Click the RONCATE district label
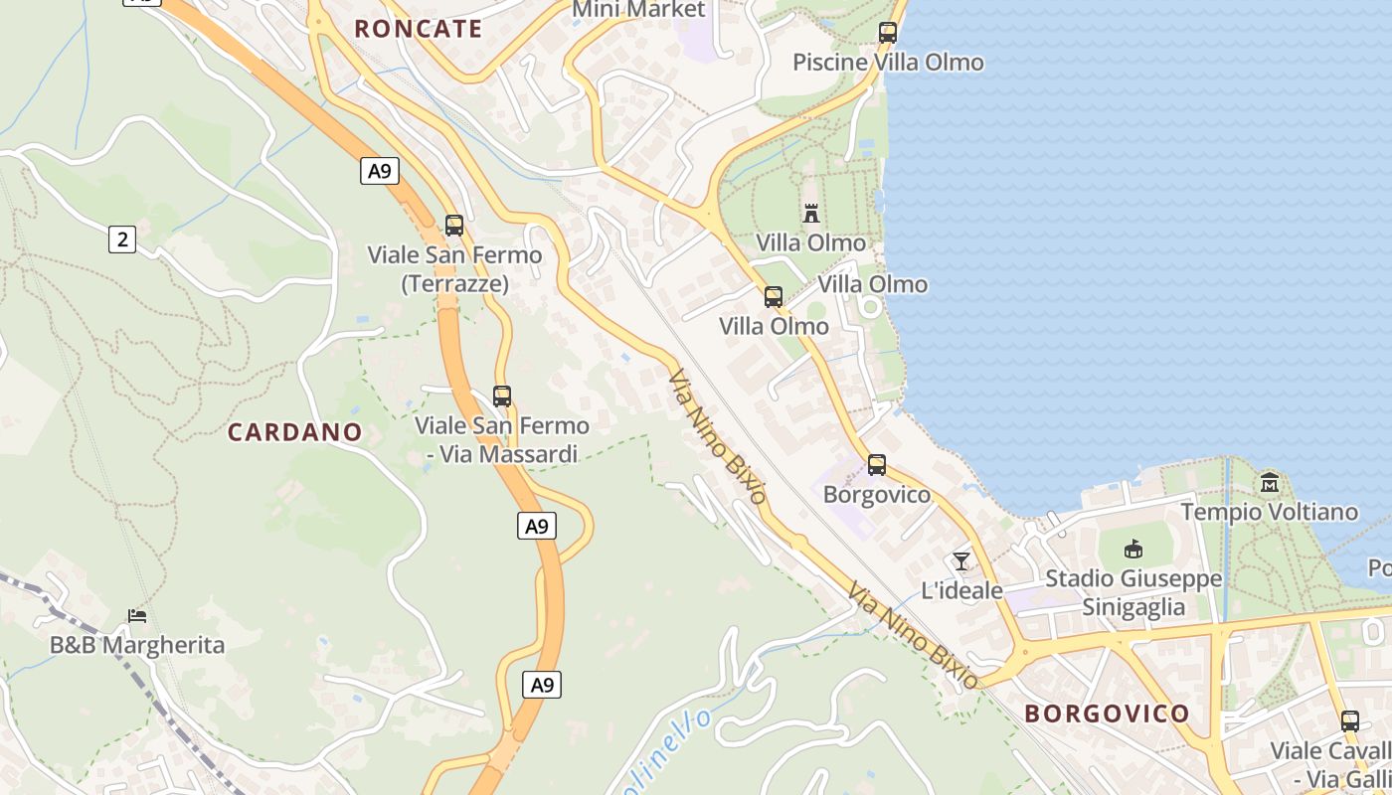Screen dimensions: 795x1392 pyautogui.click(x=419, y=29)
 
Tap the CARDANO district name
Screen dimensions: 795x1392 pyautogui.click(x=294, y=432)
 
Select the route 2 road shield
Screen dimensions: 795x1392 pyautogui.click(x=121, y=238)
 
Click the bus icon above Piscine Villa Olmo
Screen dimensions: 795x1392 pyautogui.click(x=888, y=33)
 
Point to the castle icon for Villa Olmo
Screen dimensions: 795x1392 pyautogui.click(x=811, y=213)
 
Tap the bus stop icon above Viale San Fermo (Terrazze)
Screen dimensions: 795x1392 pyautogui.click(x=454, y=226)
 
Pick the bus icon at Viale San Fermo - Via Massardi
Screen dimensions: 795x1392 pyautogui.click(x=502, y=397)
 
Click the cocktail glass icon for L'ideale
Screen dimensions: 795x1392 pyautogui.click(x=960, y=561)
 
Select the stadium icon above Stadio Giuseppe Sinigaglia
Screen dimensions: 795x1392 pyautogui.click(x=1133, y=550)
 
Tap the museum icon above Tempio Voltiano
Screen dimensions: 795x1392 pyautogui.click(x=1270, y=483)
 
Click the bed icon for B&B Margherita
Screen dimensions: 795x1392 pyautogui.click(x=137, y=616)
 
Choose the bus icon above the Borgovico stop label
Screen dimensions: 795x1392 pyautogui.click(x=876, y=465)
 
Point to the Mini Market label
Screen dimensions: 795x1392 pyautogui.click(x=638, y=10)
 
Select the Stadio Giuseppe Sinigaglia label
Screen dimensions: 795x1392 pyautogui.click(x=1133, y=593)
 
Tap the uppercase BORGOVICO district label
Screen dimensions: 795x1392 pyautogui.click(x=1107, y=714)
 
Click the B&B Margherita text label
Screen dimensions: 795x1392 pyautogui.click(x=137, y=645)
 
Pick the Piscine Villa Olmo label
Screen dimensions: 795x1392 pyautogui.click(x=888, y=63)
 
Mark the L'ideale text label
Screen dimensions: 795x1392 pyautogui.click(x=961, y=590)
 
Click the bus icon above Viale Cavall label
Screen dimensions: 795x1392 pyautogui.click(x=1349, y=721)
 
